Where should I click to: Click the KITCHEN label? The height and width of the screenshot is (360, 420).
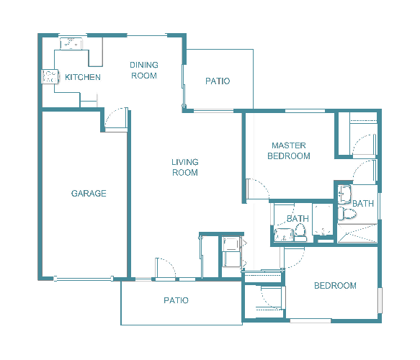[x=83, y=77]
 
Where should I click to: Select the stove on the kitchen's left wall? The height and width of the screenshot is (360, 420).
[x=50, y=77]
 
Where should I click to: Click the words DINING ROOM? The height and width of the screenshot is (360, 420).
[x=144, y=70]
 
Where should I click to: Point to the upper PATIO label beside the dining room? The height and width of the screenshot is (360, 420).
[x=218, y=81]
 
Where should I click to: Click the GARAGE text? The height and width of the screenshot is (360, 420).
[x=89, y=193]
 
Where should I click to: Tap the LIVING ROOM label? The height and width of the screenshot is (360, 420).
[x=185, y=167]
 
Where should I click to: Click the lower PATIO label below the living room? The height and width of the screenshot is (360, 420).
[x=176, y=300]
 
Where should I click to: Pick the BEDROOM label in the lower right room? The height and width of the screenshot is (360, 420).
[x=335, y=286]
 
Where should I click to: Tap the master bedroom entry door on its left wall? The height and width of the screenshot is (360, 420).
[x=255, y=189]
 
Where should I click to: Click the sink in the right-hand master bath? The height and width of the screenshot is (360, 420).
[x=344, y=193]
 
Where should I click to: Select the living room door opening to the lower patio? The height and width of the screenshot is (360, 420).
[x=165, y=268]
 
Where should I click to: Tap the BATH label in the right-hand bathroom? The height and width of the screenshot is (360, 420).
[x=363, y=204]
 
